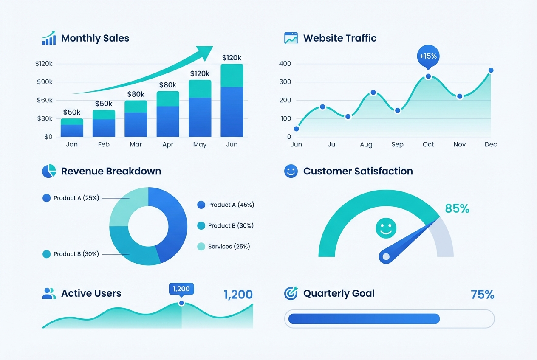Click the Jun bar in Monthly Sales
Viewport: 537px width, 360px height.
[x=232, y=100]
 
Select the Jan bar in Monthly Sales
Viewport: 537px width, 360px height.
[x=72, y=128]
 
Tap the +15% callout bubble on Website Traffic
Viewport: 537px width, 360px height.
[x=428, y=56]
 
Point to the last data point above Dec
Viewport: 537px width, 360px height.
[x=491, y=70]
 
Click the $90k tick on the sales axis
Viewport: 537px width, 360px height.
[x=44, y=82]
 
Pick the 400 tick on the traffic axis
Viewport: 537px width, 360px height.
[x=285, y=64]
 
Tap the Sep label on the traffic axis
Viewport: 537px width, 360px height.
[x=397, y=144]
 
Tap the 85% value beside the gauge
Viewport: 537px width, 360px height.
[x=457, y=208]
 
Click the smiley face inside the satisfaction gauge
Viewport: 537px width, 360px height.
[x=386, y=228]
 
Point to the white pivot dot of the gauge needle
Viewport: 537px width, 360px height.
[x=386, y=256]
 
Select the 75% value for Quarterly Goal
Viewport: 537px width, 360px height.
[x=482, y=295]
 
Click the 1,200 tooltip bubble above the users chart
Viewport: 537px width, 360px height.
[x=181, y=289]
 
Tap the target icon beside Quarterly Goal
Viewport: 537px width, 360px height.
[x=291, y=293]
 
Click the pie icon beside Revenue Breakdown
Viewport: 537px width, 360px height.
[x=49, y=171]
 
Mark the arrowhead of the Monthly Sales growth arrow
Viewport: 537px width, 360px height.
[x=206, y=51]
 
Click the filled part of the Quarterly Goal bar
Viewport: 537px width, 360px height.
[x=364, y=319]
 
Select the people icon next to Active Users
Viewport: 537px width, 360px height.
[x=49, y=293]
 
